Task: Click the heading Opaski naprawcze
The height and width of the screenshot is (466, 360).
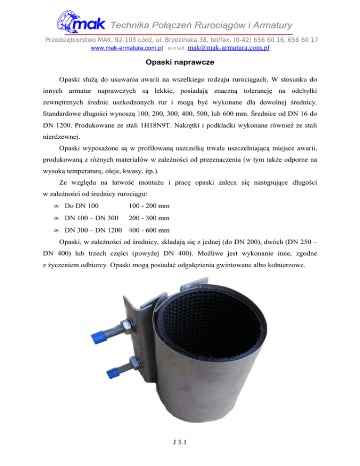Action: (180, 62)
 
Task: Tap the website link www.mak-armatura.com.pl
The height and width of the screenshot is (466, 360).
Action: (127, 48)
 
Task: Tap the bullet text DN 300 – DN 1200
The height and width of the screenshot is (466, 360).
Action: (94, 230)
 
